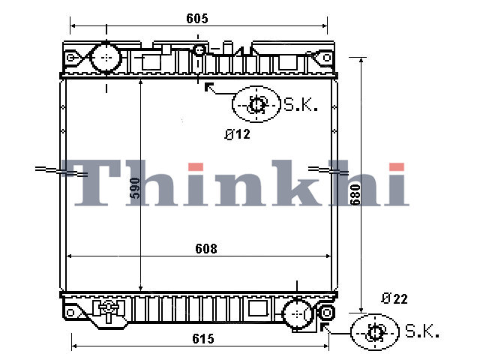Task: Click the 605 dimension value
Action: tap(197, 19)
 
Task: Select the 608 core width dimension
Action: tap(206, 248)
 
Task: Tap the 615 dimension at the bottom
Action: tap(203, 338)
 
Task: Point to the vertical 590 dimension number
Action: tap(135, 188)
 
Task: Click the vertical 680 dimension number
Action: tap(355, 195)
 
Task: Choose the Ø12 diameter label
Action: tap(237, 134)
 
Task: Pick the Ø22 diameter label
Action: tap(394, 298)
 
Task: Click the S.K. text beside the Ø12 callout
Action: tap(301, 105)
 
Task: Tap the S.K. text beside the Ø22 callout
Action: tap(422, 331)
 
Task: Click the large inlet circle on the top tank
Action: tap(106, 57)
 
